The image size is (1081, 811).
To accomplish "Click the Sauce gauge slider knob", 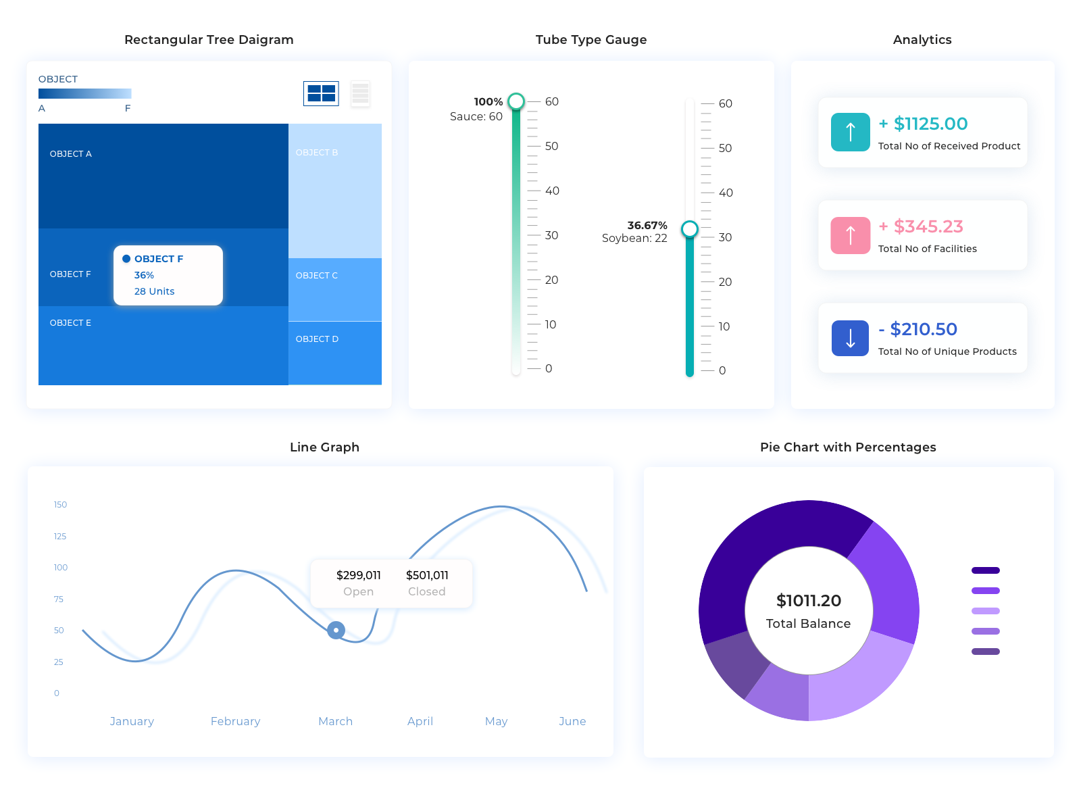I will tap(516, 101).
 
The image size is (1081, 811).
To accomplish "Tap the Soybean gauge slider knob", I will tap(689, 229).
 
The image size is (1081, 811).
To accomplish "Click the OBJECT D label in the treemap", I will tap(317, 339).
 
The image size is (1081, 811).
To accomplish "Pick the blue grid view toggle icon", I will tap(321, 93).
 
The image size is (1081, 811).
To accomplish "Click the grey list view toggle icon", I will tap(360, 93).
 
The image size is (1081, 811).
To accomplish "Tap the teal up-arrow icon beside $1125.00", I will tap(850, 132).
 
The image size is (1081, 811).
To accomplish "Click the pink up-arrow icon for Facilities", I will tap(850, 235).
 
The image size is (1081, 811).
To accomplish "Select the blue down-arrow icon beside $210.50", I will tap(850, 338).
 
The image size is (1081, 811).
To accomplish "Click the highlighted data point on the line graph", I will tap(336, 630).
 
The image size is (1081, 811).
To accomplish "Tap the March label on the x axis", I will tap(335, 721).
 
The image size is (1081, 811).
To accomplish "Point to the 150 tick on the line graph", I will tap(60, 505).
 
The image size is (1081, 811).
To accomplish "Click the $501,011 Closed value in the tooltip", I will tap(427, 575).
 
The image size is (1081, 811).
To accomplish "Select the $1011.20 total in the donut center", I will tap(809, 601).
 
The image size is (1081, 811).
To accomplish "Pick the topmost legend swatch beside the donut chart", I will tap(985, 570).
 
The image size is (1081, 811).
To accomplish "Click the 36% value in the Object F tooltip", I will tap(144, 275).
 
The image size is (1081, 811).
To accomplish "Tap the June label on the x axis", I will tap(572, 721).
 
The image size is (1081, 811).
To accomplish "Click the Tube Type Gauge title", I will tap(591, 40).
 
